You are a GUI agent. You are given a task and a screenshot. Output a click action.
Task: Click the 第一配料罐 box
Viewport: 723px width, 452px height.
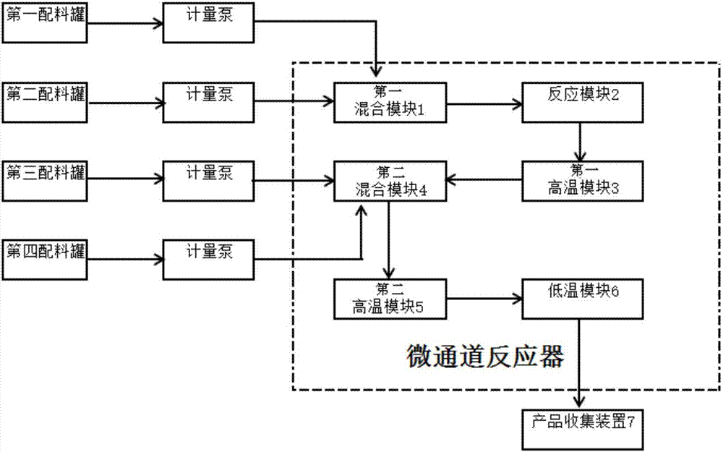pos(45,22)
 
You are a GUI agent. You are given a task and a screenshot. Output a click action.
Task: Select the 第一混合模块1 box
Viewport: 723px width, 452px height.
pos(390,103)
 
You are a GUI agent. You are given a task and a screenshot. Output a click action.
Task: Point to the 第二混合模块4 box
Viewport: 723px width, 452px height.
pos(390,180)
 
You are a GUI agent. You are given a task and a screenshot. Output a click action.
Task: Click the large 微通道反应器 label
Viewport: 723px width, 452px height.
pos(484,356)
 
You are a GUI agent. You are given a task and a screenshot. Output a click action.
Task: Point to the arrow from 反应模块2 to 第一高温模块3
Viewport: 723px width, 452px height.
pos(580,141)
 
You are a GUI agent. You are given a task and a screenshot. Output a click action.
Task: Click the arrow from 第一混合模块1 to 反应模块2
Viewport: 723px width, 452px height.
pos(484,103)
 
